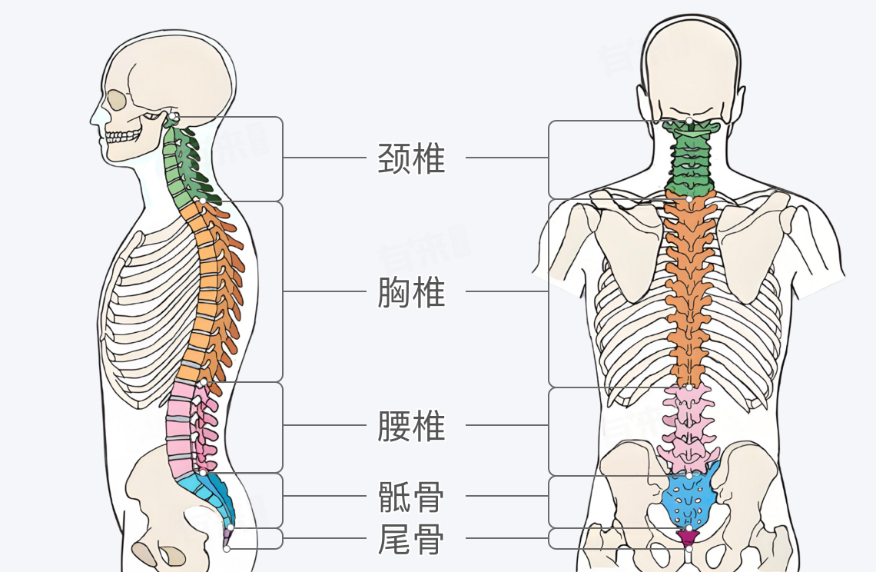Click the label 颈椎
(x=411, y=158)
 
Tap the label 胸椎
(x=411, y=292)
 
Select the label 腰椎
(x=411, y=425)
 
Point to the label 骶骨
(x=411, y=497)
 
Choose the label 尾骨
(x=411, y=539)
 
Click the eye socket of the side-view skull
(x=116, y=100)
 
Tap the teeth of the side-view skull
(x=123, y=137)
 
